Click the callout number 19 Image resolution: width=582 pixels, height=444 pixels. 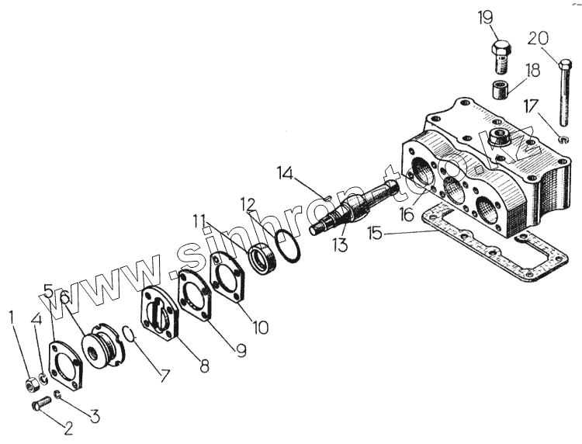tap(485, 16)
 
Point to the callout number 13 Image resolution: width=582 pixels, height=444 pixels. tap(338, 246)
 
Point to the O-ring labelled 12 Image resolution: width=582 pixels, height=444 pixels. tap(286, 245)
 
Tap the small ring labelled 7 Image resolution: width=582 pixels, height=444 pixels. tap(130, 333)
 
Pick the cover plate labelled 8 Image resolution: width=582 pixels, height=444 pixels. tap(160, 315)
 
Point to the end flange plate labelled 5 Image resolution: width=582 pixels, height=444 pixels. tap(64, 366)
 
